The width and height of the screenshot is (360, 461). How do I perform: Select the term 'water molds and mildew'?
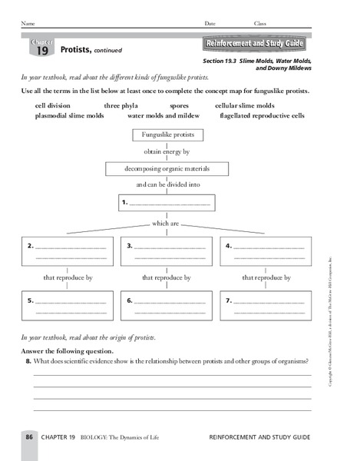[163, 115]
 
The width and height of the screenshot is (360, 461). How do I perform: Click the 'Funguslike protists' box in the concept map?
[167, 134]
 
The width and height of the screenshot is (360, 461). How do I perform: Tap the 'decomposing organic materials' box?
[167, 168]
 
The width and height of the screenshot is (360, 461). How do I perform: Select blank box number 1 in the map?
[167, 203]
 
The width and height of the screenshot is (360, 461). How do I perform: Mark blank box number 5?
[67, 306]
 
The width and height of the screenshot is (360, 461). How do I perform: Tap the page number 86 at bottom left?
[28, 436]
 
